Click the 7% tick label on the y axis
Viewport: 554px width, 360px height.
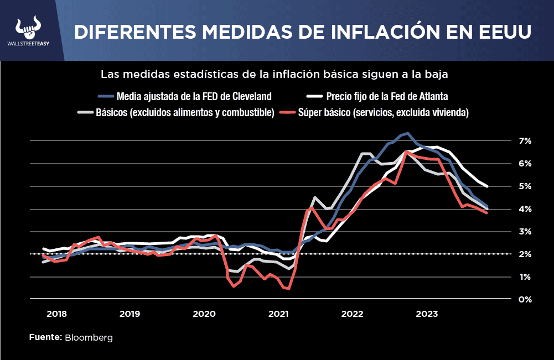click(525, 141)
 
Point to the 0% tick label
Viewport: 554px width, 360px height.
click(525, 300)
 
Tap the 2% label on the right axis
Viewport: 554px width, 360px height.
click(525, 254)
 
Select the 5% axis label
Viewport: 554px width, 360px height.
click(525, 186)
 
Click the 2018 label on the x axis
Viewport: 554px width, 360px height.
click(56, 314)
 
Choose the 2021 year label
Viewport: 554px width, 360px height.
click(278, 314)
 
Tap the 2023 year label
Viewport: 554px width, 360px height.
click(427, 314)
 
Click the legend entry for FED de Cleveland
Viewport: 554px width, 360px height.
click(194, 96)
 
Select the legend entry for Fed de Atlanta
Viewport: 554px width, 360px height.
click(387, 96)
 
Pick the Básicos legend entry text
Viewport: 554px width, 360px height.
click(185, 112)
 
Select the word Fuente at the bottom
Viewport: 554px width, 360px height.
click(45, 337)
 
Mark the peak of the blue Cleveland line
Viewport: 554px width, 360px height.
click(407, 133)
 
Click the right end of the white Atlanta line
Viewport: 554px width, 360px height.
click(487, 186)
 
